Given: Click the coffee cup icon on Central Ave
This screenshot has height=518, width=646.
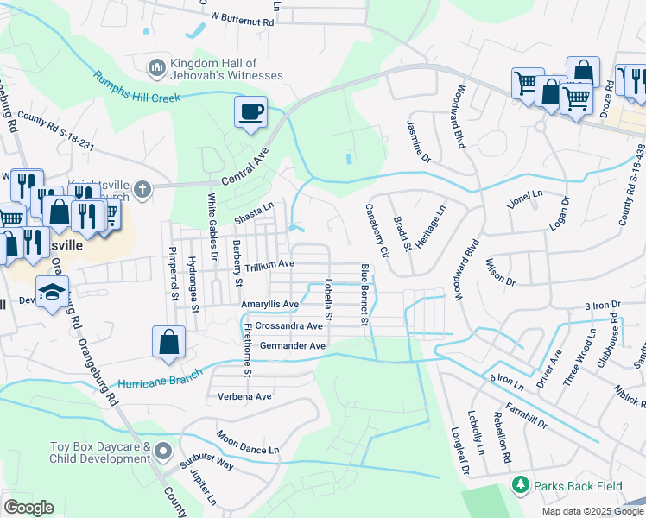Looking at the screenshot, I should (250, 112).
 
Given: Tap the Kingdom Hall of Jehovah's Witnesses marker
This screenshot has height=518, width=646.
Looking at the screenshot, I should (157, 66).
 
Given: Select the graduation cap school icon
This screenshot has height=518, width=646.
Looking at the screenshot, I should (52, 291).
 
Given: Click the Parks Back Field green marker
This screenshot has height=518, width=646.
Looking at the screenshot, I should (519, 486).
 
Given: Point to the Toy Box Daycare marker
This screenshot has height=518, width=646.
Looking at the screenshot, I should (165, 452).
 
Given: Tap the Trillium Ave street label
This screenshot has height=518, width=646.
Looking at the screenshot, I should (269, 264).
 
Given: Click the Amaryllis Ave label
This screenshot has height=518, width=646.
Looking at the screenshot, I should (269, 305).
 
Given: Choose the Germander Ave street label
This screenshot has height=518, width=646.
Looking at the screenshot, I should (292, 346).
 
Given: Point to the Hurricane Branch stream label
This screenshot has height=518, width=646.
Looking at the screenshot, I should (160, 377).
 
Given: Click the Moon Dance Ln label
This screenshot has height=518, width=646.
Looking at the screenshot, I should (248, 443).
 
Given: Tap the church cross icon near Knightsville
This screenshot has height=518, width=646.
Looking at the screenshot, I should (144, 188).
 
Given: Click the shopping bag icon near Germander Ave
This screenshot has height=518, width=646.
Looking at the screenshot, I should (168, 342).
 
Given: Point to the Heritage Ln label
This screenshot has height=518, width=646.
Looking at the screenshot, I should (430, 226).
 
